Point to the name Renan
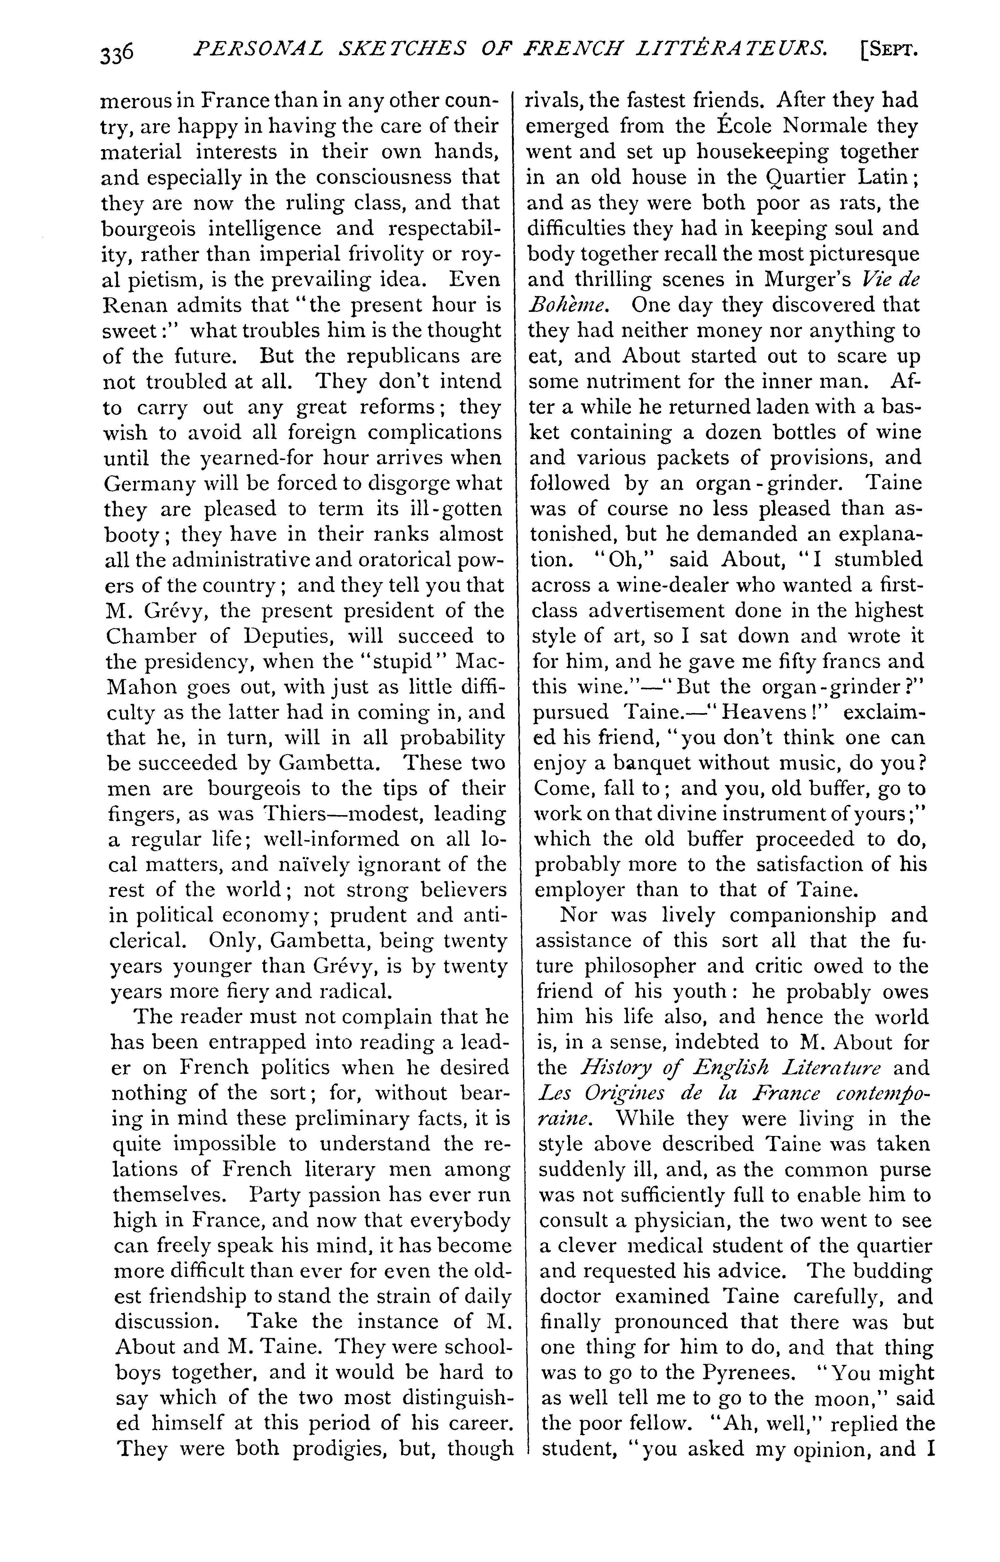[x=138, y=305]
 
